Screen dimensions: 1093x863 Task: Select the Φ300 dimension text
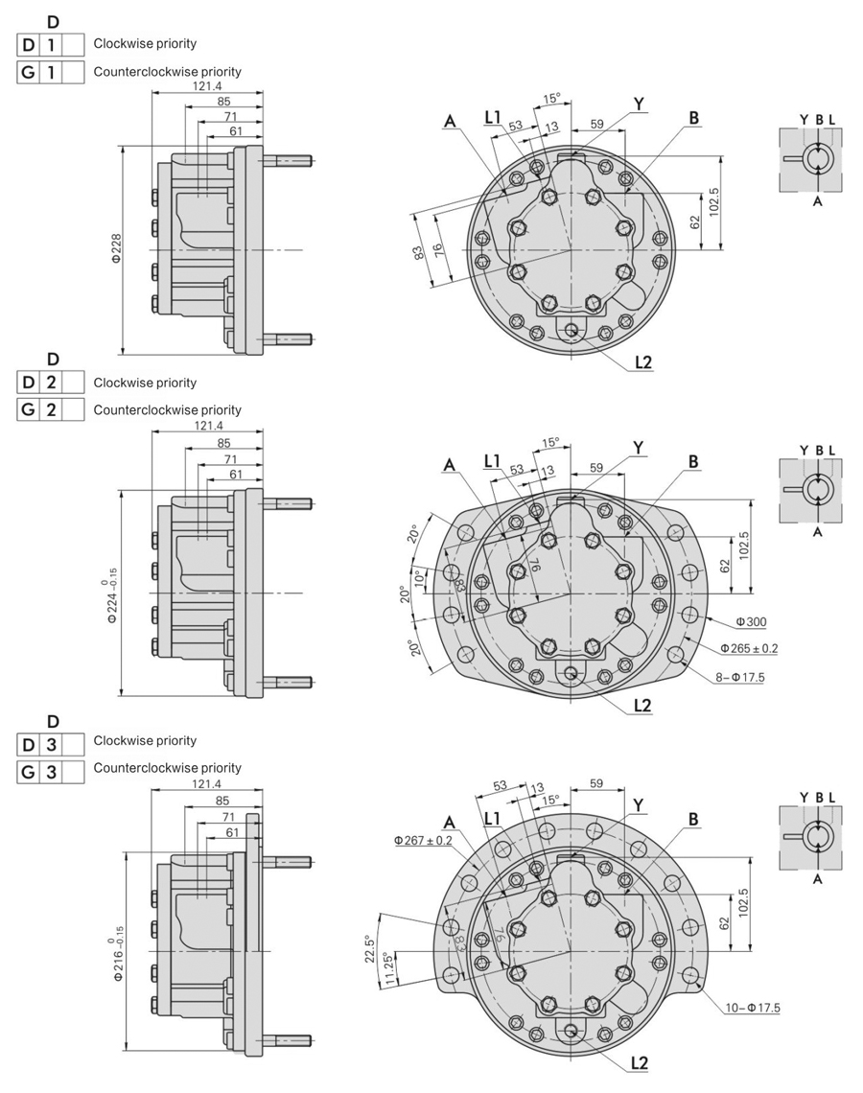coord(751,622)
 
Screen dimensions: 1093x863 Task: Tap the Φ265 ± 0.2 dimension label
coord(749,649)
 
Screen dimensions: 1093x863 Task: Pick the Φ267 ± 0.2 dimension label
coord(422,840)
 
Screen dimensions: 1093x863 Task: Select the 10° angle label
coord(417,579)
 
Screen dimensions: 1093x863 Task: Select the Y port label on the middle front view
coord(638,447)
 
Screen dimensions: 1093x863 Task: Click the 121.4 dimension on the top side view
coord(208,86)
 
